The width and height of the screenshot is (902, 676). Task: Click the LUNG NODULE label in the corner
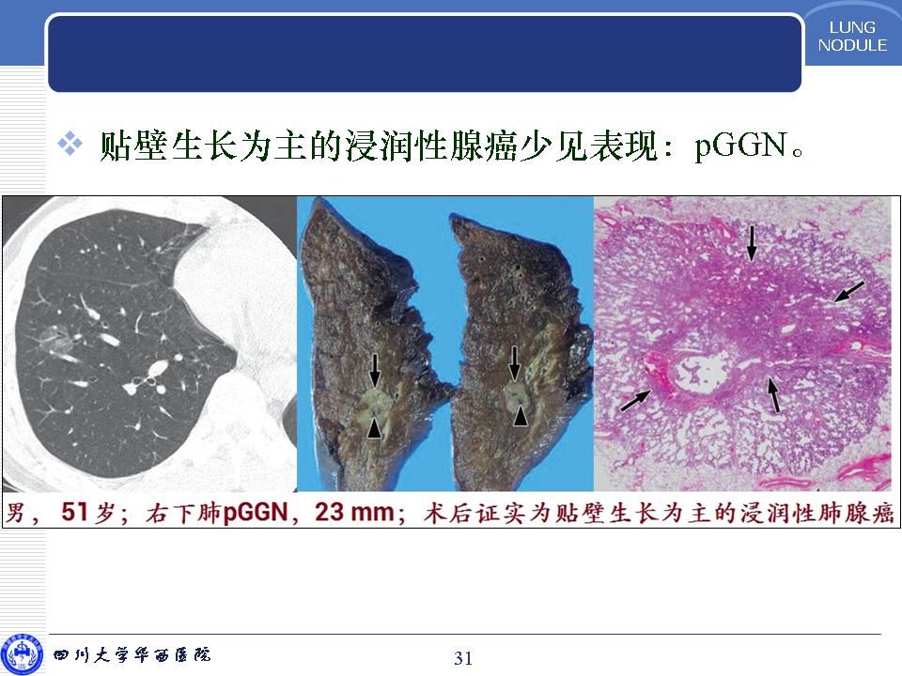click(852, 37)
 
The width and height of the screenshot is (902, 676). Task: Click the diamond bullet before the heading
click(70, 144)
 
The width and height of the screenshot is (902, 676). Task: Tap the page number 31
click(463, 657)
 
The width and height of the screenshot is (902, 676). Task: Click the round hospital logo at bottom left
click(22, 654)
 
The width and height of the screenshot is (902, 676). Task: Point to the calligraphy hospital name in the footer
click(132, 654)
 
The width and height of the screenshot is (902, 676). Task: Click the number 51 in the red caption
click(75, 511)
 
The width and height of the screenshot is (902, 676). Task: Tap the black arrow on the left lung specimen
click(375, 370)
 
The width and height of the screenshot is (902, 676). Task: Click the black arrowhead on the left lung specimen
click(374, 428)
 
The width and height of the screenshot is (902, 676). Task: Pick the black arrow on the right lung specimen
click(515, 362)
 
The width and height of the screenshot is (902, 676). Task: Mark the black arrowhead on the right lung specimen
click(521, 416)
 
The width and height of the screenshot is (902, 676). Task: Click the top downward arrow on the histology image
click(752, 242)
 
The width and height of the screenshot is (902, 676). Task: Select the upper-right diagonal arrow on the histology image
click(849, 291)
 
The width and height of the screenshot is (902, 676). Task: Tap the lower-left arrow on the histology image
click(636, 401)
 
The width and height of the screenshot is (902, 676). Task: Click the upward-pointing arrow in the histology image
click(773, 394)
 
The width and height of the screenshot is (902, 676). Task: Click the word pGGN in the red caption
click(255, 511)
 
